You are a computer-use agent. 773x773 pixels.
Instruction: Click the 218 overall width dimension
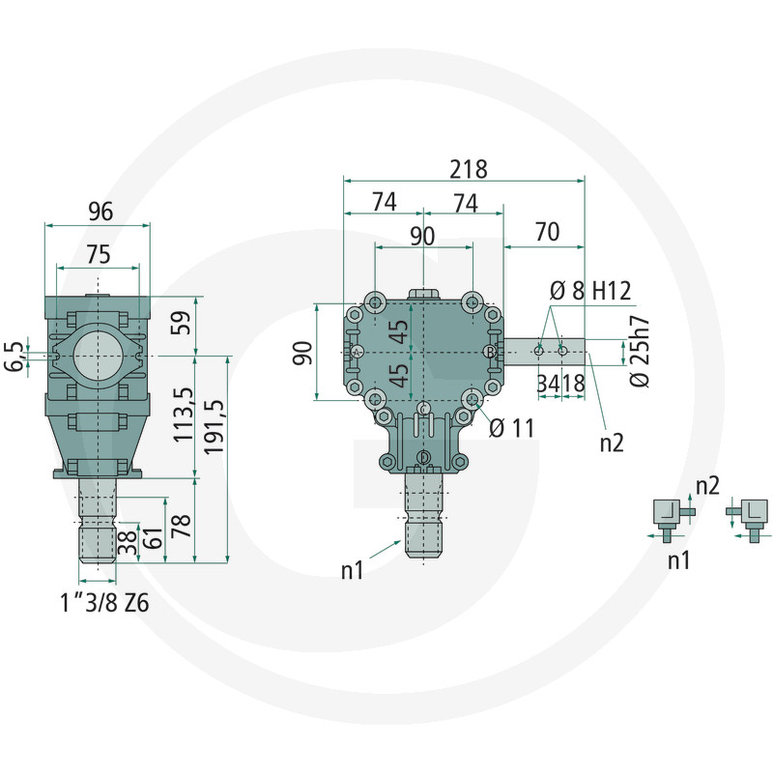467,168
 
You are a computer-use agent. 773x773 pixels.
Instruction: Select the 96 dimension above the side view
100,211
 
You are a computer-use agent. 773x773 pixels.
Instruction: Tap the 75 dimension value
98,253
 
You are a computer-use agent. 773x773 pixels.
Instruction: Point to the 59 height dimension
181,325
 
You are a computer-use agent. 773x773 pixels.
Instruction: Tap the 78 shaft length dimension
181,527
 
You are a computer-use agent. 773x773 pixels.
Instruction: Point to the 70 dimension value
547,232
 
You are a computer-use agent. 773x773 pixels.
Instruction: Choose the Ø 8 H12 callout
589,290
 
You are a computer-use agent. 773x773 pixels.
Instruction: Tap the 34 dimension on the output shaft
548,384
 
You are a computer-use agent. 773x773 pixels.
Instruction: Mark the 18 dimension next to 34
573,384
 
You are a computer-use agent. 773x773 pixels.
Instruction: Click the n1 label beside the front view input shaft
353,570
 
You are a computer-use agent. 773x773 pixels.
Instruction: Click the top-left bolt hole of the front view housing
375,303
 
